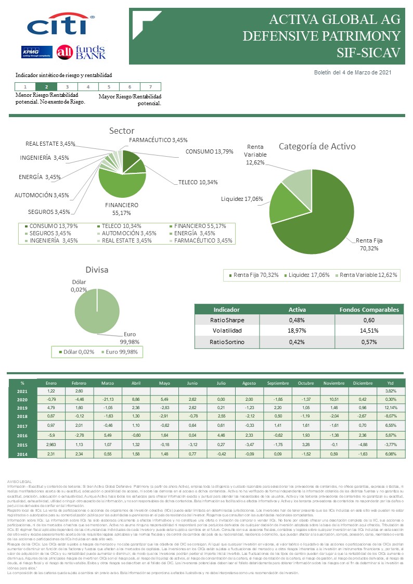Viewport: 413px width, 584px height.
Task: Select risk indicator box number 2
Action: tap(47, 87)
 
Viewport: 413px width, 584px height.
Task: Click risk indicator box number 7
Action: tap(150, 87)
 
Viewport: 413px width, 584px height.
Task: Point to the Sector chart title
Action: tap(122, 131)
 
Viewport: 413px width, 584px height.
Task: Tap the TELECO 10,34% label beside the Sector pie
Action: tap(198, 182)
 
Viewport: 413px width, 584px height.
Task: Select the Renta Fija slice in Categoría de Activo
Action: tap(322, 219)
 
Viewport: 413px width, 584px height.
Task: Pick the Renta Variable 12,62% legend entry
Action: tap(368, 275)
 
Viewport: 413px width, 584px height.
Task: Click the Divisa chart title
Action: tap(97, 270)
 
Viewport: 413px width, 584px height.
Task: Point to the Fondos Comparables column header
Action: tap(370, 309)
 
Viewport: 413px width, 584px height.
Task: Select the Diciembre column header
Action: tap(362, 383)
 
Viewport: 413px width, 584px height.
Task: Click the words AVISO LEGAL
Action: tap(21, 481)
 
